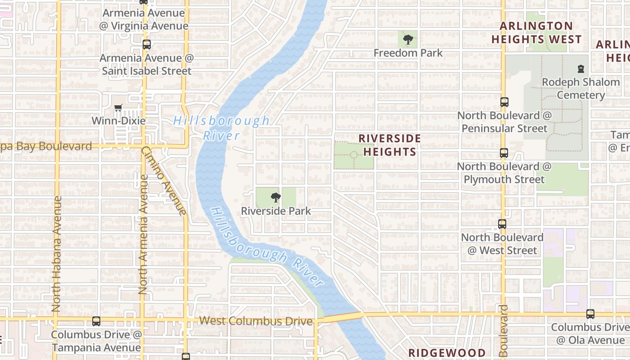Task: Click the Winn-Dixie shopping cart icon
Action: tap(118, 108)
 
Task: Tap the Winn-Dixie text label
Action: tap(118, 121)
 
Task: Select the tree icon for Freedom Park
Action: tap(408, 40)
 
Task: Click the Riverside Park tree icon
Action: tap(276, 197)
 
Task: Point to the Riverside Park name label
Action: tap(276, 211)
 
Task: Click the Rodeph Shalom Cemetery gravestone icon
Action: tap(581, 69)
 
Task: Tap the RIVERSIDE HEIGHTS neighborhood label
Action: tap(390, 145)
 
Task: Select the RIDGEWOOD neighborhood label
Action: tap(447, 353)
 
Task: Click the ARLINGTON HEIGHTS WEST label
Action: tap(536, 33)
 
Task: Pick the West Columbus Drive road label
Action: tap(256, 321)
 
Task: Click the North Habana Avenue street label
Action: tap(56, 254)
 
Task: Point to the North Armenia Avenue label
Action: tap(143, 234)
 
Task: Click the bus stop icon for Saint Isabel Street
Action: tap(147, 45)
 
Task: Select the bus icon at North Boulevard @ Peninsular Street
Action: tap(504, 102)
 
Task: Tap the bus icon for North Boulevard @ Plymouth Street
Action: tap(504, 153)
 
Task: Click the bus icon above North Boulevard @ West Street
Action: tap(502, 224)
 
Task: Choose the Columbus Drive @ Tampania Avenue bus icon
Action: tap(96, 321)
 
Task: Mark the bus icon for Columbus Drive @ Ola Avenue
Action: tap(590, 314)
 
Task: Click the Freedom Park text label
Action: tap(408, 53)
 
